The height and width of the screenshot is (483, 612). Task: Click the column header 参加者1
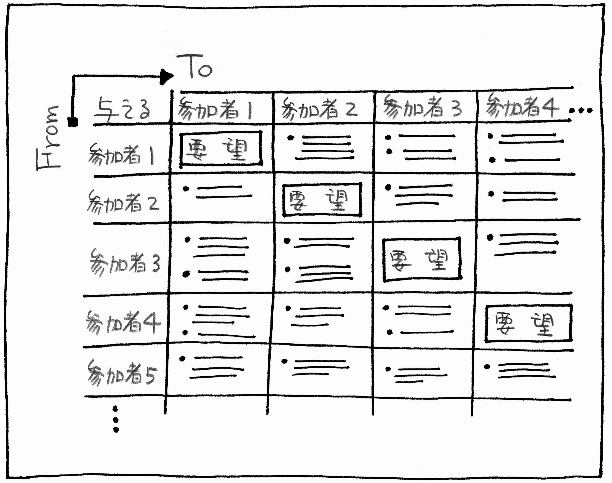pos(215,109)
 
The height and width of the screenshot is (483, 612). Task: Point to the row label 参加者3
pos(124,263)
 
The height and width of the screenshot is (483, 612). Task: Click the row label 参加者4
pos(123,322)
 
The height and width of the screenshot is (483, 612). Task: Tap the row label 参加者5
pos(122,373)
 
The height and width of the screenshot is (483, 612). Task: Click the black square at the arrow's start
pos(73,122)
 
